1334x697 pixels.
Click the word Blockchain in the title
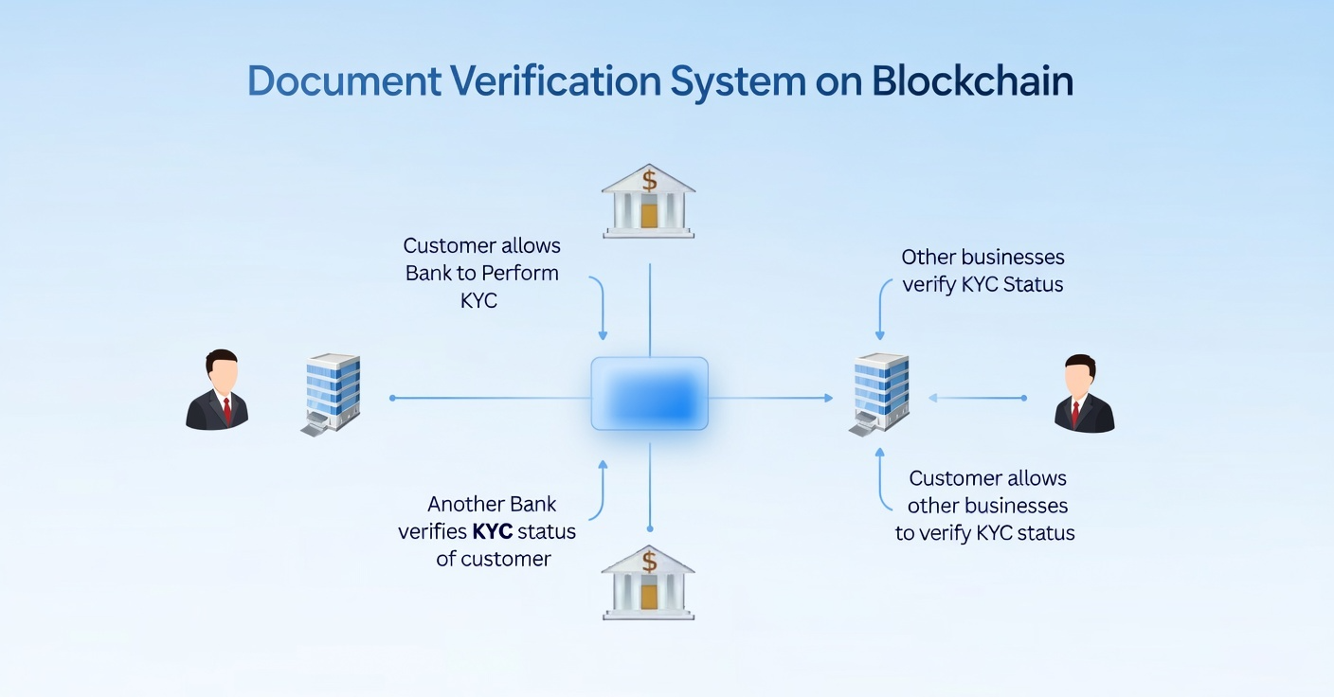(x=972, y=81)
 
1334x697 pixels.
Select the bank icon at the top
(x=648, y=200)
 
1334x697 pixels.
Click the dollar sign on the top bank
(x=649, y=179)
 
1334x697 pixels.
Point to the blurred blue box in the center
(x=649, y=394)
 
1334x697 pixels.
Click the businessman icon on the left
(x=217, y=390)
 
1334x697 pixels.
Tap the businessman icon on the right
(x=1084, y=394)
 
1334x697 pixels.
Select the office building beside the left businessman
(x=332, y=393)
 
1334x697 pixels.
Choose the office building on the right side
(x=879, y=393)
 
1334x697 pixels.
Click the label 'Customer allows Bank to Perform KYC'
(x=482, y=273)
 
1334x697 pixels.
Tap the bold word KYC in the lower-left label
(x=492, y=531)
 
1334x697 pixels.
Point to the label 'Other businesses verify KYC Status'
(x=982, y=270)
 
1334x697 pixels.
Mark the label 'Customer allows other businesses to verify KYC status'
(x=986, y=505)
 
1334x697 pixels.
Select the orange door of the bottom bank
(x=649, y=597)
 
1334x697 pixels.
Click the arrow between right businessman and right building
(x=977, y=398)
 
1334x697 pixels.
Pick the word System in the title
(x=738, y=81)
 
